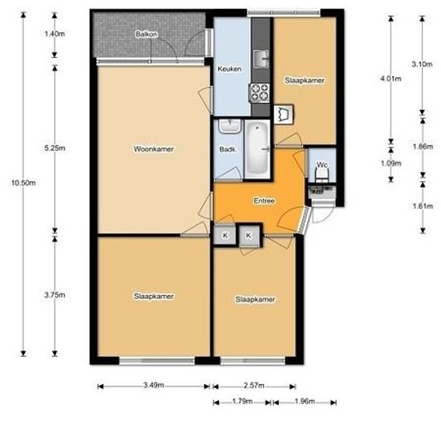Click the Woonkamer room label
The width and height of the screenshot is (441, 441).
pos(154,149)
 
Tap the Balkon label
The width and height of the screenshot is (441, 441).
pos(146,34)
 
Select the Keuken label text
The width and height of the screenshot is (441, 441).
pos(229,70)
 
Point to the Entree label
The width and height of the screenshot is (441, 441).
pos(265,201)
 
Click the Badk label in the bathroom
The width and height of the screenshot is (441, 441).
pos(227,149)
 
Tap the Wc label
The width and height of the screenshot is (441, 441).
pos(322,165)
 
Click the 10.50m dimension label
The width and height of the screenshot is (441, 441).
pos(23,183)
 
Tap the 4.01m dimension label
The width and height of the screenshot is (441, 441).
pos(390,79)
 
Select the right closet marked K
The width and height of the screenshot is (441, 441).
pos(249,235)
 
